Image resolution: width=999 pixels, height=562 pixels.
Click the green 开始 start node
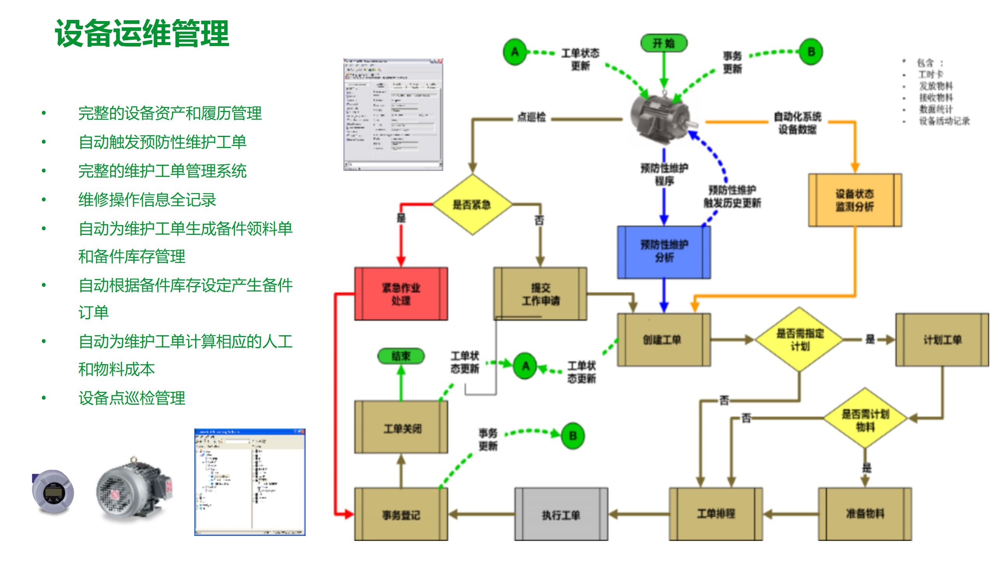663,43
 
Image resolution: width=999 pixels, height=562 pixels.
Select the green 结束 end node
401,356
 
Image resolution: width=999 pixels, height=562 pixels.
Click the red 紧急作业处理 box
401,294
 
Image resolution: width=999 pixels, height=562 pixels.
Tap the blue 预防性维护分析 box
664,252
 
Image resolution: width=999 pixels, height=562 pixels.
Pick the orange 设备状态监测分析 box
855,200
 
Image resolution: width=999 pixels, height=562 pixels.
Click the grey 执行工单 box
561,514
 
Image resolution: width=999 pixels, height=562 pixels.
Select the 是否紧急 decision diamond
472,205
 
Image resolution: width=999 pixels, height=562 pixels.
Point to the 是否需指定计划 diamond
800,340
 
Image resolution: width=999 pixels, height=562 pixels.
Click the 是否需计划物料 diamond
865,419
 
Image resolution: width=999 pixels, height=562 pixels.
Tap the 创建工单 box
663,340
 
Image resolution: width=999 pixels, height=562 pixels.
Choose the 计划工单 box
942,340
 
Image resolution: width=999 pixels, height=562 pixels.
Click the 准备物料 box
865,514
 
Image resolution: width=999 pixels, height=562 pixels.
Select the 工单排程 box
716,514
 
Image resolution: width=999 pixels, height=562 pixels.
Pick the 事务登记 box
401,514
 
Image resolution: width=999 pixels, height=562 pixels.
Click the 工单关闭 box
401,428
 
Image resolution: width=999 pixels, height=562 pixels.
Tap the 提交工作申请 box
540,294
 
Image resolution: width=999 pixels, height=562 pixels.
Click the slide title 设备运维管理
142,34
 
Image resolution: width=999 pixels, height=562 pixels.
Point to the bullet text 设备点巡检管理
132,398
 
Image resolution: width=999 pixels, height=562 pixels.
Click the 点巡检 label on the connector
531,117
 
